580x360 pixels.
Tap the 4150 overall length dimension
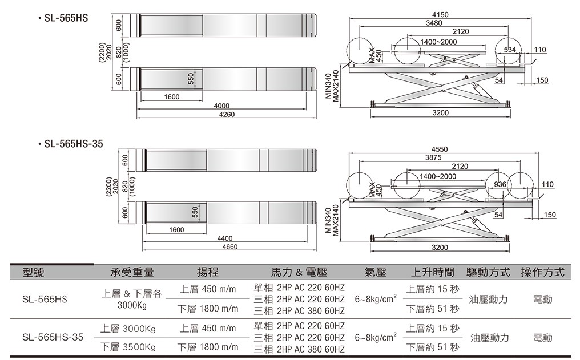(441, 14)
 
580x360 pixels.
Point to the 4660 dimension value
(229, 246)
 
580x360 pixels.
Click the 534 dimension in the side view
(510, 51)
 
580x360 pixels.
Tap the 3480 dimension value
(434, 23)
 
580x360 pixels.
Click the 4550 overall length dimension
(440, 149)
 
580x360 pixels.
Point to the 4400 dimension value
(225, 238)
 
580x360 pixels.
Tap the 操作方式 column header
(542, 272)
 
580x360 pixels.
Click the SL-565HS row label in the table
(45, 299)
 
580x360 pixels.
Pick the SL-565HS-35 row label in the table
(53, 337)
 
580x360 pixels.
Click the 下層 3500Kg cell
(128, 346)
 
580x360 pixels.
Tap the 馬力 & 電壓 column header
(299, 272)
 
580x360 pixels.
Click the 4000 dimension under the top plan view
(221, 106)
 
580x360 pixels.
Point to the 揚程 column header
(207, 272)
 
